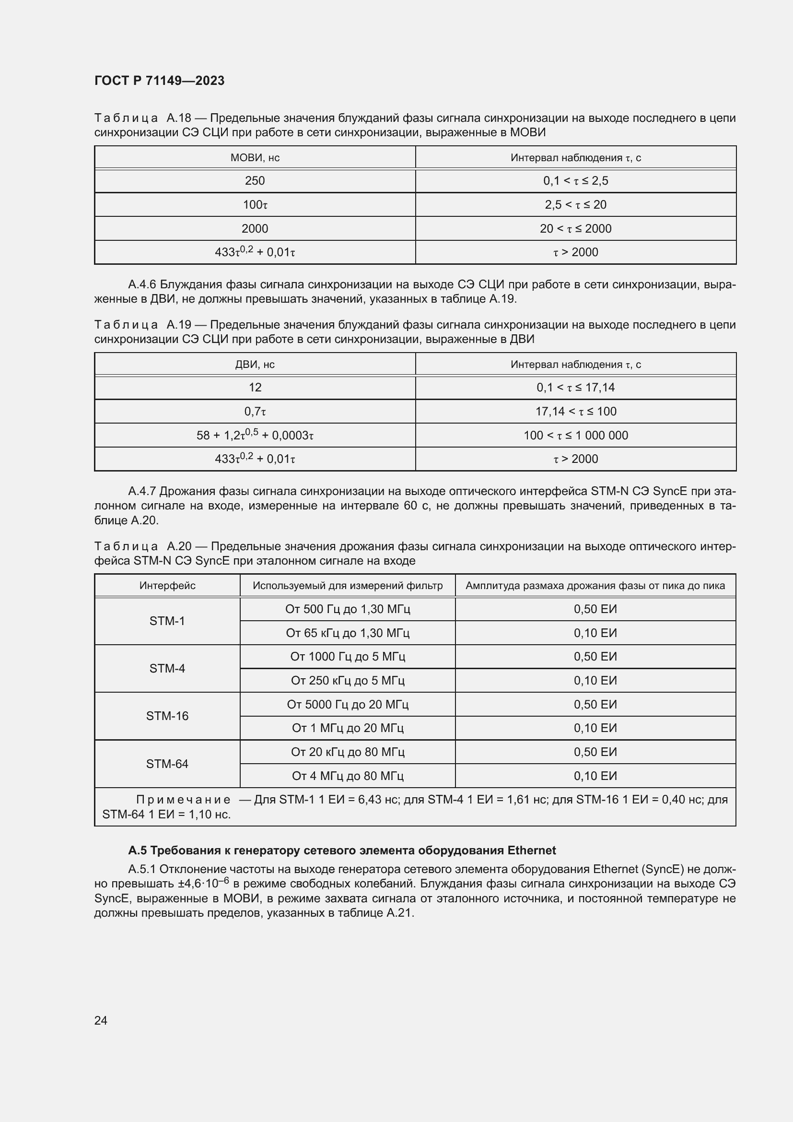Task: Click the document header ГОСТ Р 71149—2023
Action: click(159, 81)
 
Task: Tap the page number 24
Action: click(101, 1020)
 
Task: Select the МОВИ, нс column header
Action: click(255, 158)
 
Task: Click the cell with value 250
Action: click(255, 181)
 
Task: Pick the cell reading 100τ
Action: click(255, 205)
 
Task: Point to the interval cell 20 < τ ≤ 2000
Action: click(576, 229)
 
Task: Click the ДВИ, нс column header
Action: click(255, 365)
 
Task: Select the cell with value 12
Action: click(255, 388)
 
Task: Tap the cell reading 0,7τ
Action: click(255, 412)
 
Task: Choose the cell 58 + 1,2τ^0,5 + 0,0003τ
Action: click(255, 435)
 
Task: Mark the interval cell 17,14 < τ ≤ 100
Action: click(576, 412)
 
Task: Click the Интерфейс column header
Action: click(167, 585)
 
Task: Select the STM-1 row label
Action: click(167, 621)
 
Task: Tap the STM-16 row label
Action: click(167, 716)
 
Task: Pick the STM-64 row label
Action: click(167, 764)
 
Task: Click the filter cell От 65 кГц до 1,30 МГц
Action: click(348, 633)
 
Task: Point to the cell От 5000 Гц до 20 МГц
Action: click(348, 704)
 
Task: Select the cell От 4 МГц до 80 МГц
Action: click(348, 776)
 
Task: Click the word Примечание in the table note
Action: click(183, 800)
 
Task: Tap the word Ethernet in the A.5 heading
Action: click(531, 850)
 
